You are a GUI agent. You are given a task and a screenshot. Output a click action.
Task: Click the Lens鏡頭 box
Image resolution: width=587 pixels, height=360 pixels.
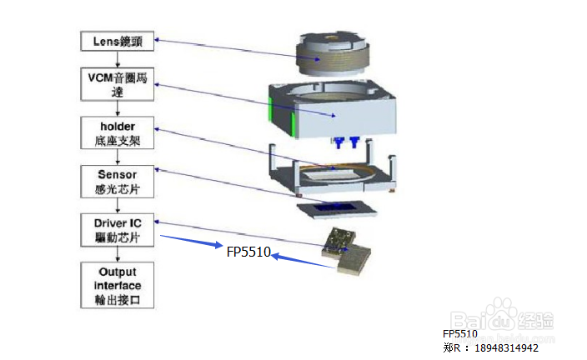click(x=118, y=40)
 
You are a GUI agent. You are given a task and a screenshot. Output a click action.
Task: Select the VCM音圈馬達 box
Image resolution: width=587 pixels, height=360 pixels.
click(x=118, y=85)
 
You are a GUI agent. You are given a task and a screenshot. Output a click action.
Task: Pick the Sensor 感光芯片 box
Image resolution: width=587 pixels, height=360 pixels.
click(x=118, y=181)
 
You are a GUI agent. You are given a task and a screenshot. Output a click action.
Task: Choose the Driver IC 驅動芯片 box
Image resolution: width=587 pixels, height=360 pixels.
click(x=118, y=229)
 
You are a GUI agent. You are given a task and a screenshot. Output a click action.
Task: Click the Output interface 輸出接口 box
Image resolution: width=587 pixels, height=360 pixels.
click(x=118, y=284)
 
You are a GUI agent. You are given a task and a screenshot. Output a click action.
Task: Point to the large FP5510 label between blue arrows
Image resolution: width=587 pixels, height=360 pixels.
click(x=248, y=251)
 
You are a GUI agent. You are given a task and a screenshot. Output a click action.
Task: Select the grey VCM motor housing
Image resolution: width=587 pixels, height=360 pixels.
click(x=334, y=112)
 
